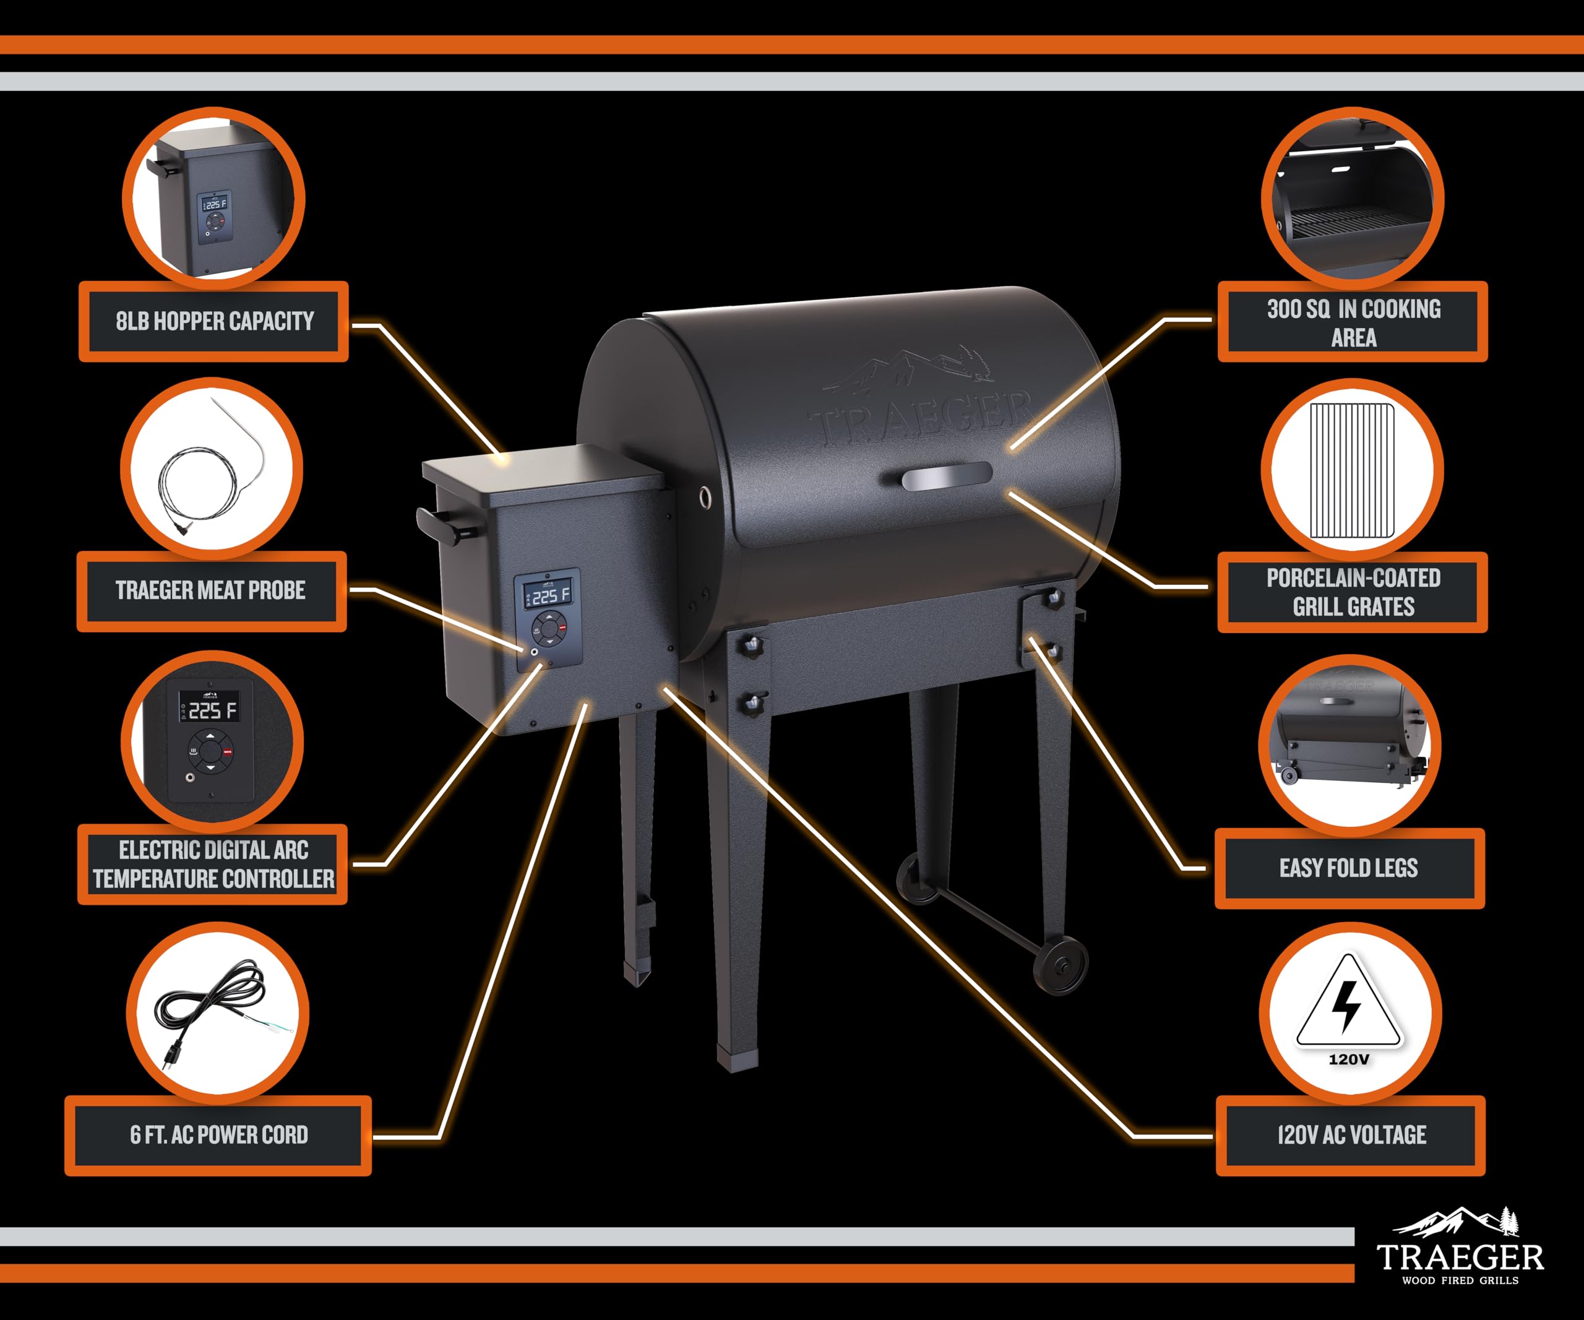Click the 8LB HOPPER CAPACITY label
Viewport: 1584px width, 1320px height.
(214, 321)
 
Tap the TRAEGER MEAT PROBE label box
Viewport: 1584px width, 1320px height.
(211, 590)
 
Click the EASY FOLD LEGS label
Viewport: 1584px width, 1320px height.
(1349, 868)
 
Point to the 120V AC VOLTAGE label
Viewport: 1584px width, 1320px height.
(1350, 1135)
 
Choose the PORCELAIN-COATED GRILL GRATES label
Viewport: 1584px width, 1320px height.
(1353, 592)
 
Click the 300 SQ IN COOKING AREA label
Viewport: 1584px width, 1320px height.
(1353, 322)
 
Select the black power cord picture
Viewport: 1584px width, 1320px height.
(215, 1007)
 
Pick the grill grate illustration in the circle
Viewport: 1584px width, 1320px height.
(1352, 470)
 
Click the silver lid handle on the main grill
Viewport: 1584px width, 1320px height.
(947, 477)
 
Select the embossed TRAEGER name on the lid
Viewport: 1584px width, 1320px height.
(920, 418)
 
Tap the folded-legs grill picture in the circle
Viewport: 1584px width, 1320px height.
(1349, 743)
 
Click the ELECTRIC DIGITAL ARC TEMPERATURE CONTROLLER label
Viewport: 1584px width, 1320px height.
(213, 865)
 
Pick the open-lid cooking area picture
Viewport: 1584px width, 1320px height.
(1353, 200)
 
